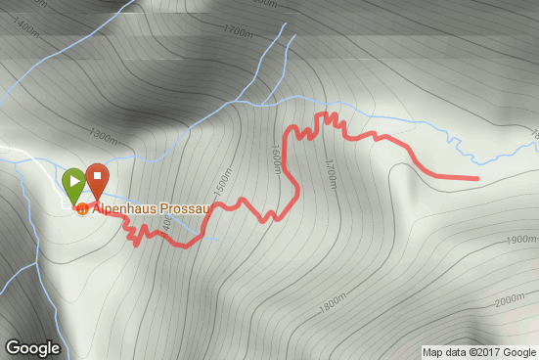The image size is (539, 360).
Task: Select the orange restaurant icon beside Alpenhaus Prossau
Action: (83, 209)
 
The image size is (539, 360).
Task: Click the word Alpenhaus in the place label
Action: (120, 209)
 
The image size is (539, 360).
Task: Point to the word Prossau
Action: (173, 209)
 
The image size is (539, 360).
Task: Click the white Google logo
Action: (32, 348)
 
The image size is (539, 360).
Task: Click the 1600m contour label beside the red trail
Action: (277, 157)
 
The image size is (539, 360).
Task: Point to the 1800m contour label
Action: (333, 304)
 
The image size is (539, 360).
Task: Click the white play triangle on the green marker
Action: (74, 180)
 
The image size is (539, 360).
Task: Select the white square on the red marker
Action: (97, 176)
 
